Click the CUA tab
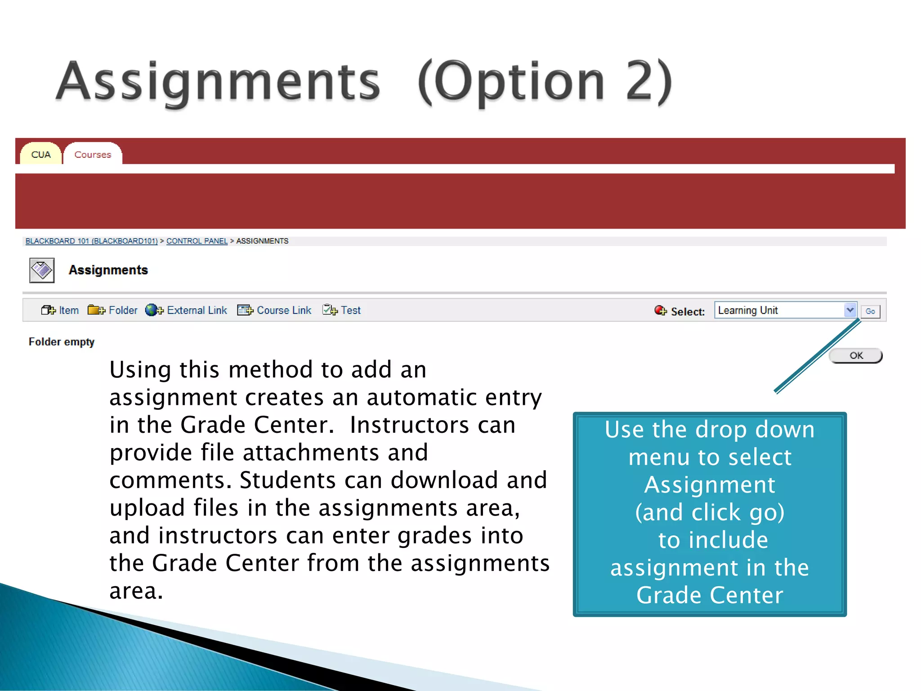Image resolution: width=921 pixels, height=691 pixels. tap(41, 155)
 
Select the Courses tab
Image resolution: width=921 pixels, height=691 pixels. tap(93, 155)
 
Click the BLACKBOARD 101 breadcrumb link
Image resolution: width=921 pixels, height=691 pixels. tap(91, 241)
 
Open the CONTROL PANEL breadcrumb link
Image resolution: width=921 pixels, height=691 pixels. tap(197, 241)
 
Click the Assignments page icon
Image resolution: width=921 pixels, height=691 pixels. tap(42, 270)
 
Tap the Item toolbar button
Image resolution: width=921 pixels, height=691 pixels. tap(60, 310)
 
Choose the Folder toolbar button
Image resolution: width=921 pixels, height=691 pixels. tap(113, 310)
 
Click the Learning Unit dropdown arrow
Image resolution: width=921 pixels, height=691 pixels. tap(849, 310)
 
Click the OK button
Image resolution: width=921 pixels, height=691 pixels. tap(856, 356)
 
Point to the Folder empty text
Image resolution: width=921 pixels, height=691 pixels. tap(62, 342)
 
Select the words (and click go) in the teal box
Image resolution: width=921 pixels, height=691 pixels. tap(710, 512)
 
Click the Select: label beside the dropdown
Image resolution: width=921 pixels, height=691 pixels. tap(687, 311)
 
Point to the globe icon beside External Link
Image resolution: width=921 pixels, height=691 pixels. tap(152, 310)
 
